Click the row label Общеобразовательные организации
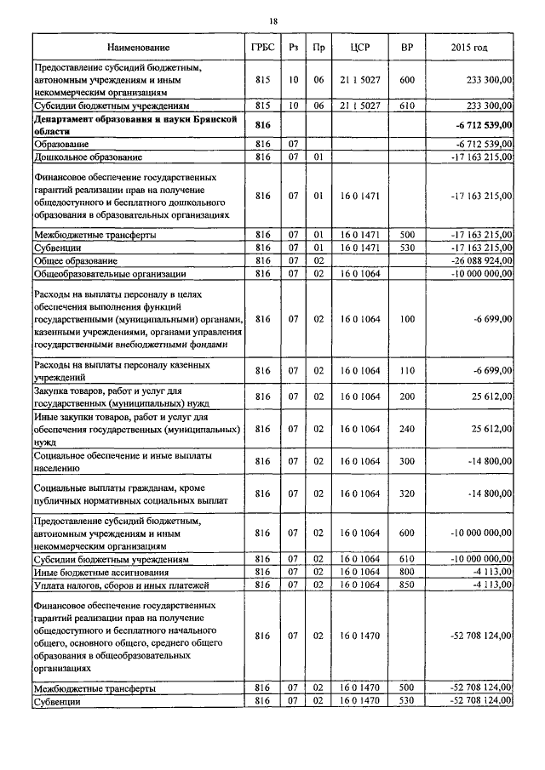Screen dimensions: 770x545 pyautogui.click(x=104, y=274)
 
